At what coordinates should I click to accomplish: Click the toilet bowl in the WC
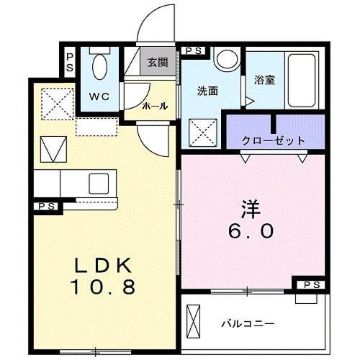[x=100, y=66]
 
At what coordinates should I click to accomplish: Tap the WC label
[x=99, y=96]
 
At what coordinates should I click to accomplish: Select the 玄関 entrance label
[x=158, y=62]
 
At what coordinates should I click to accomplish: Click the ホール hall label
[x=155, y=106]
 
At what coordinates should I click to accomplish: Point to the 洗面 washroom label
[x=207, y=91]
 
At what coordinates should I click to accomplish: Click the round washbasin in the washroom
[x=228, y=59]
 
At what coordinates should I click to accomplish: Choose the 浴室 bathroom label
[x=264, y=80]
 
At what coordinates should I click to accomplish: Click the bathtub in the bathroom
[x=302, y=81]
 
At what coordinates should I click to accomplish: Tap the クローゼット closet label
[x=273, y=140]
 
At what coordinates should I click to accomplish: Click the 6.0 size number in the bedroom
[x=251, y=230]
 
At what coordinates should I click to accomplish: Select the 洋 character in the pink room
[x=251, y=209]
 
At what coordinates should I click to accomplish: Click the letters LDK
[x=104, y=265]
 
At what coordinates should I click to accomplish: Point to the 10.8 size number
[x=103, y=287]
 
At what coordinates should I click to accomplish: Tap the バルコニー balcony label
[x=248, y=324]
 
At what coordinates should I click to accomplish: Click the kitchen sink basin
[x=99, y=184]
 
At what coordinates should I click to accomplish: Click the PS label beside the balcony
[x=312, y=285]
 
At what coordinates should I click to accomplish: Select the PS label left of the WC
[x=70, y=63]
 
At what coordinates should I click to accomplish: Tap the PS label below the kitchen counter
[x=47, y=207]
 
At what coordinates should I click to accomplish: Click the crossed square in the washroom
[x=203, y=133]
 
